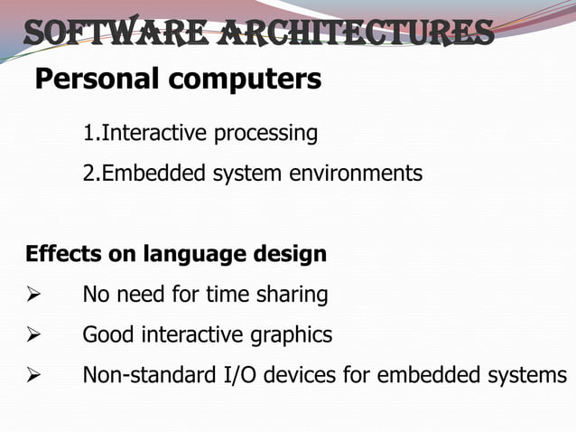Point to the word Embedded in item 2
[155, 173]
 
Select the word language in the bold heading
[184, 255]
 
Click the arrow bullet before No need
[33, 295]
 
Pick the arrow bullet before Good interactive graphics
[33, 336]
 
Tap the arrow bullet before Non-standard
[33, 376]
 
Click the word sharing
[293, 295]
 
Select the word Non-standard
[142, 375]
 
